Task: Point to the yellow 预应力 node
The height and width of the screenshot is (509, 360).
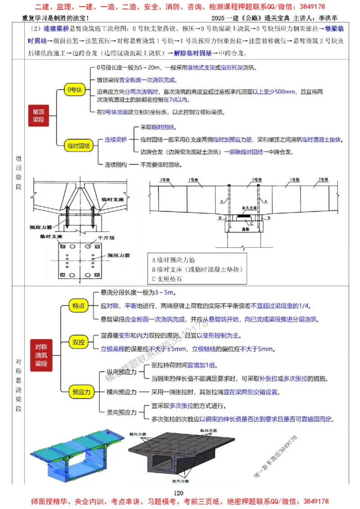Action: tap(81, 392)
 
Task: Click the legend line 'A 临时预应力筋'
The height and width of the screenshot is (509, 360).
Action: tap(174, 259)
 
